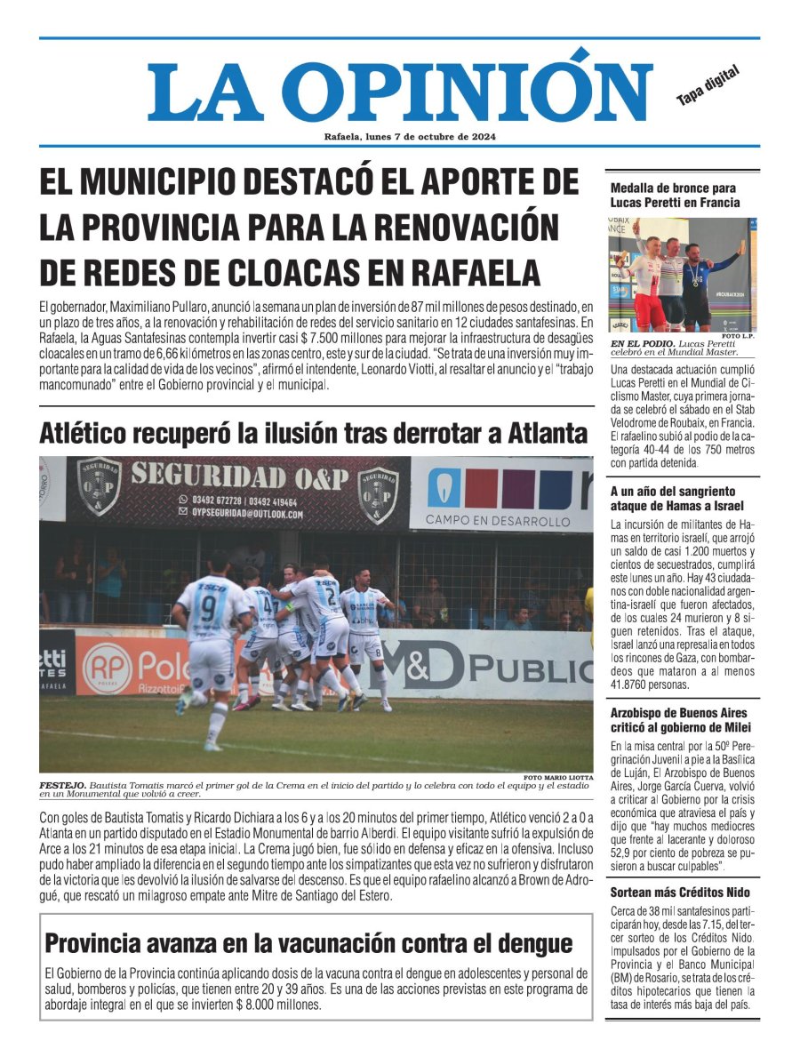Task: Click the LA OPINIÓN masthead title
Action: [x=400, y=86]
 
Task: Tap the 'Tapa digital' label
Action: [x=708, y=86]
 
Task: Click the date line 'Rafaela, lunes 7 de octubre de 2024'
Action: [x=410, y=137]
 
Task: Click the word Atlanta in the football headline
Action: [x=548, y=434]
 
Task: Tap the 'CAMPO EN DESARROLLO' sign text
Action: [x=498, y=520]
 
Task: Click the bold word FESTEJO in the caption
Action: [x=61, y=786]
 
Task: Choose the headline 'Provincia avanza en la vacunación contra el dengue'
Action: [x=308, y=942]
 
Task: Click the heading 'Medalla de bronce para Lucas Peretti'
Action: [x=676, y=196]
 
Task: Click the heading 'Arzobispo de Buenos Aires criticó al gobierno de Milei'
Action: [x=679, y=720]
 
